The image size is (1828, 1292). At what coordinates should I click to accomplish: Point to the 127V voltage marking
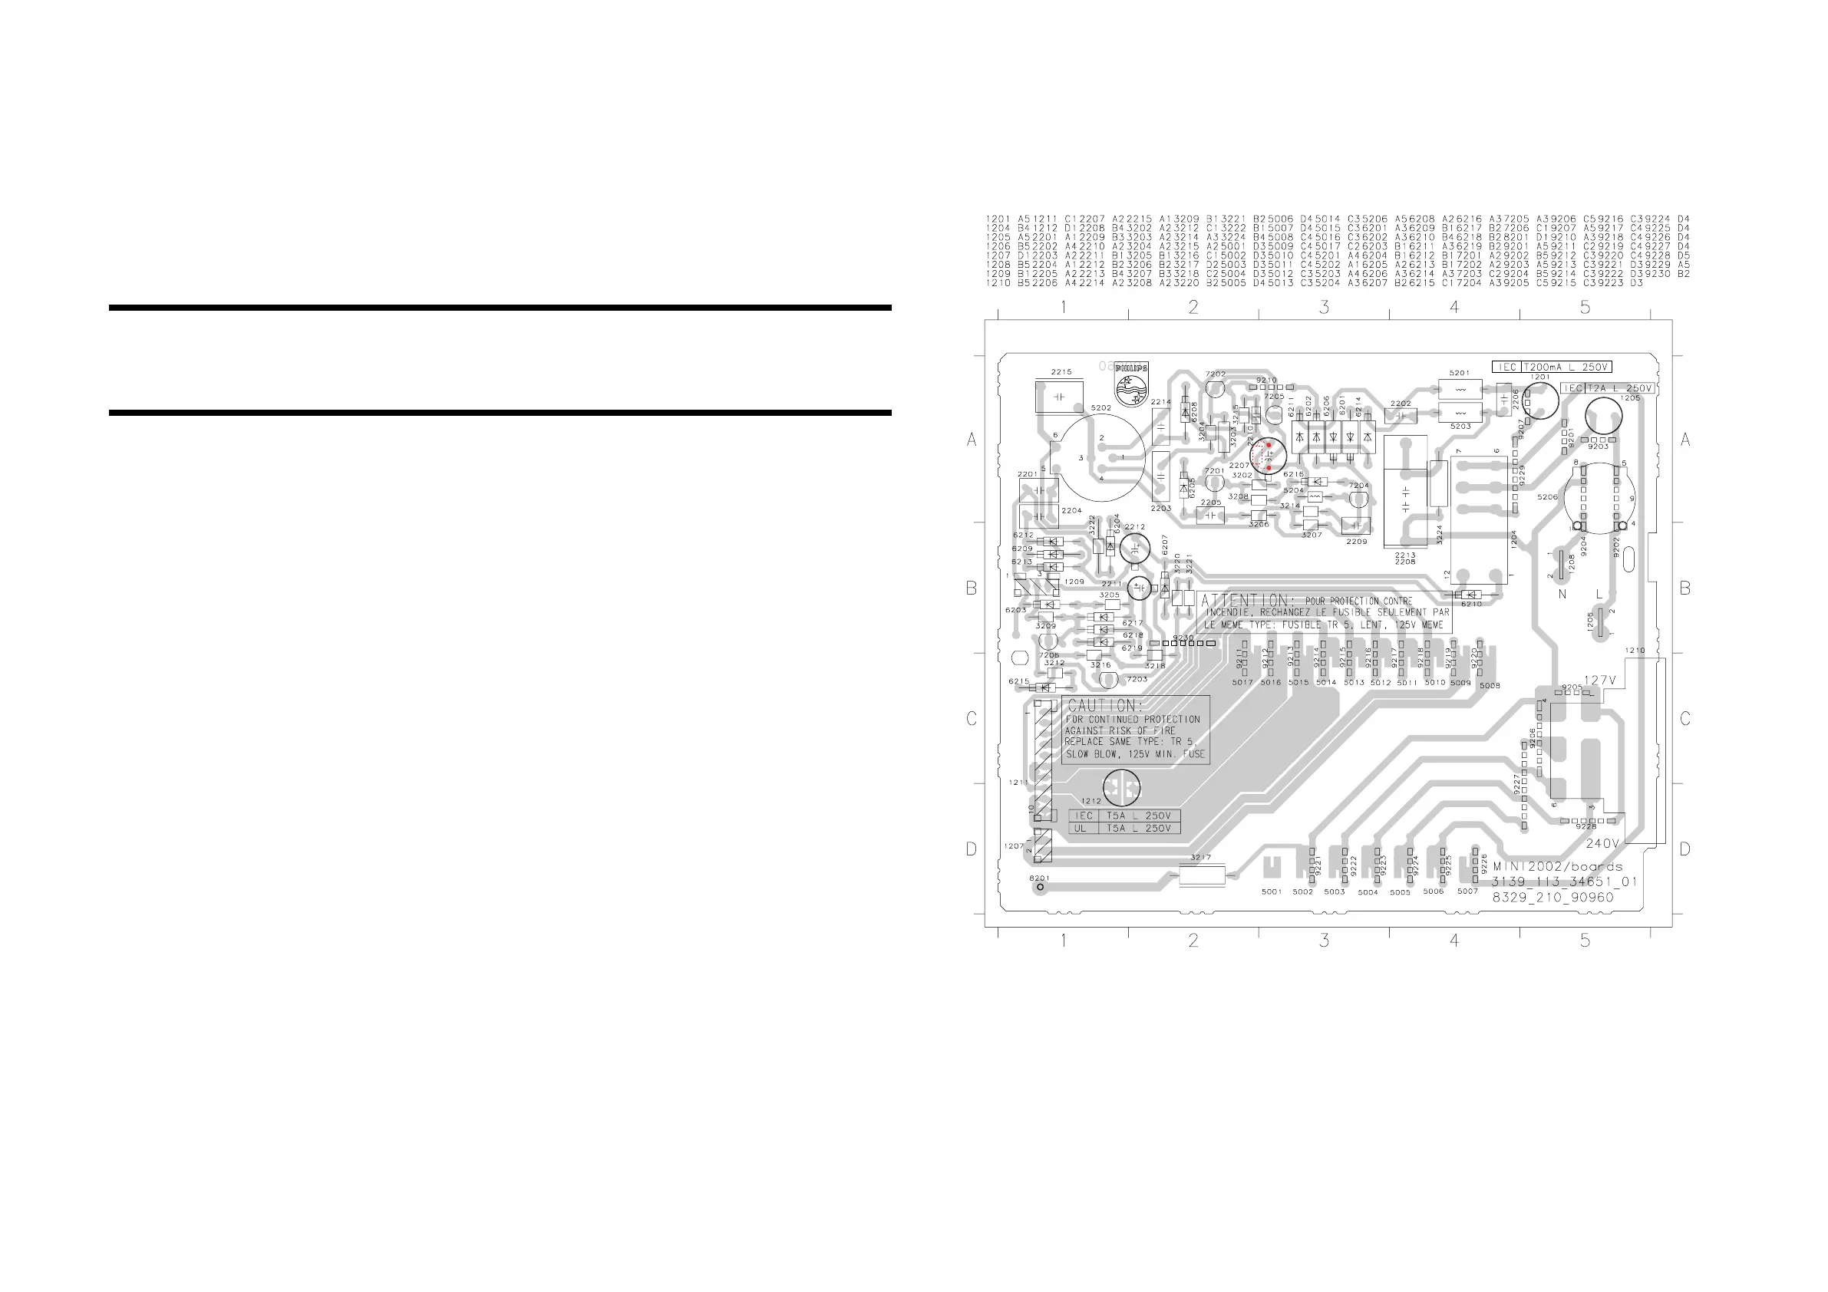coord(1599,681)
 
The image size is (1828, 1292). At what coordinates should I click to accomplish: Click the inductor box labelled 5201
coord(1460,389)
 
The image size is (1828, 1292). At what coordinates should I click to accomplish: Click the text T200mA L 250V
coord(1566,367)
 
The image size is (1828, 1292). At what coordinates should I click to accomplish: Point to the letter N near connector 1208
coord(1562,594)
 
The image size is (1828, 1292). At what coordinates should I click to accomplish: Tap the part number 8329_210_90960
coord(1552,897)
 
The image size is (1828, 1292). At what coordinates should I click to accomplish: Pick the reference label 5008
coord(1489,685)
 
